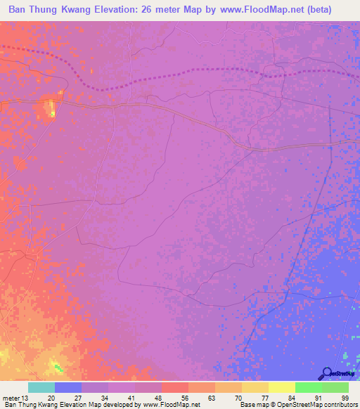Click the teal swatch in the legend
[x=41, y=387]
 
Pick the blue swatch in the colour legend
[x=68, y=387]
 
